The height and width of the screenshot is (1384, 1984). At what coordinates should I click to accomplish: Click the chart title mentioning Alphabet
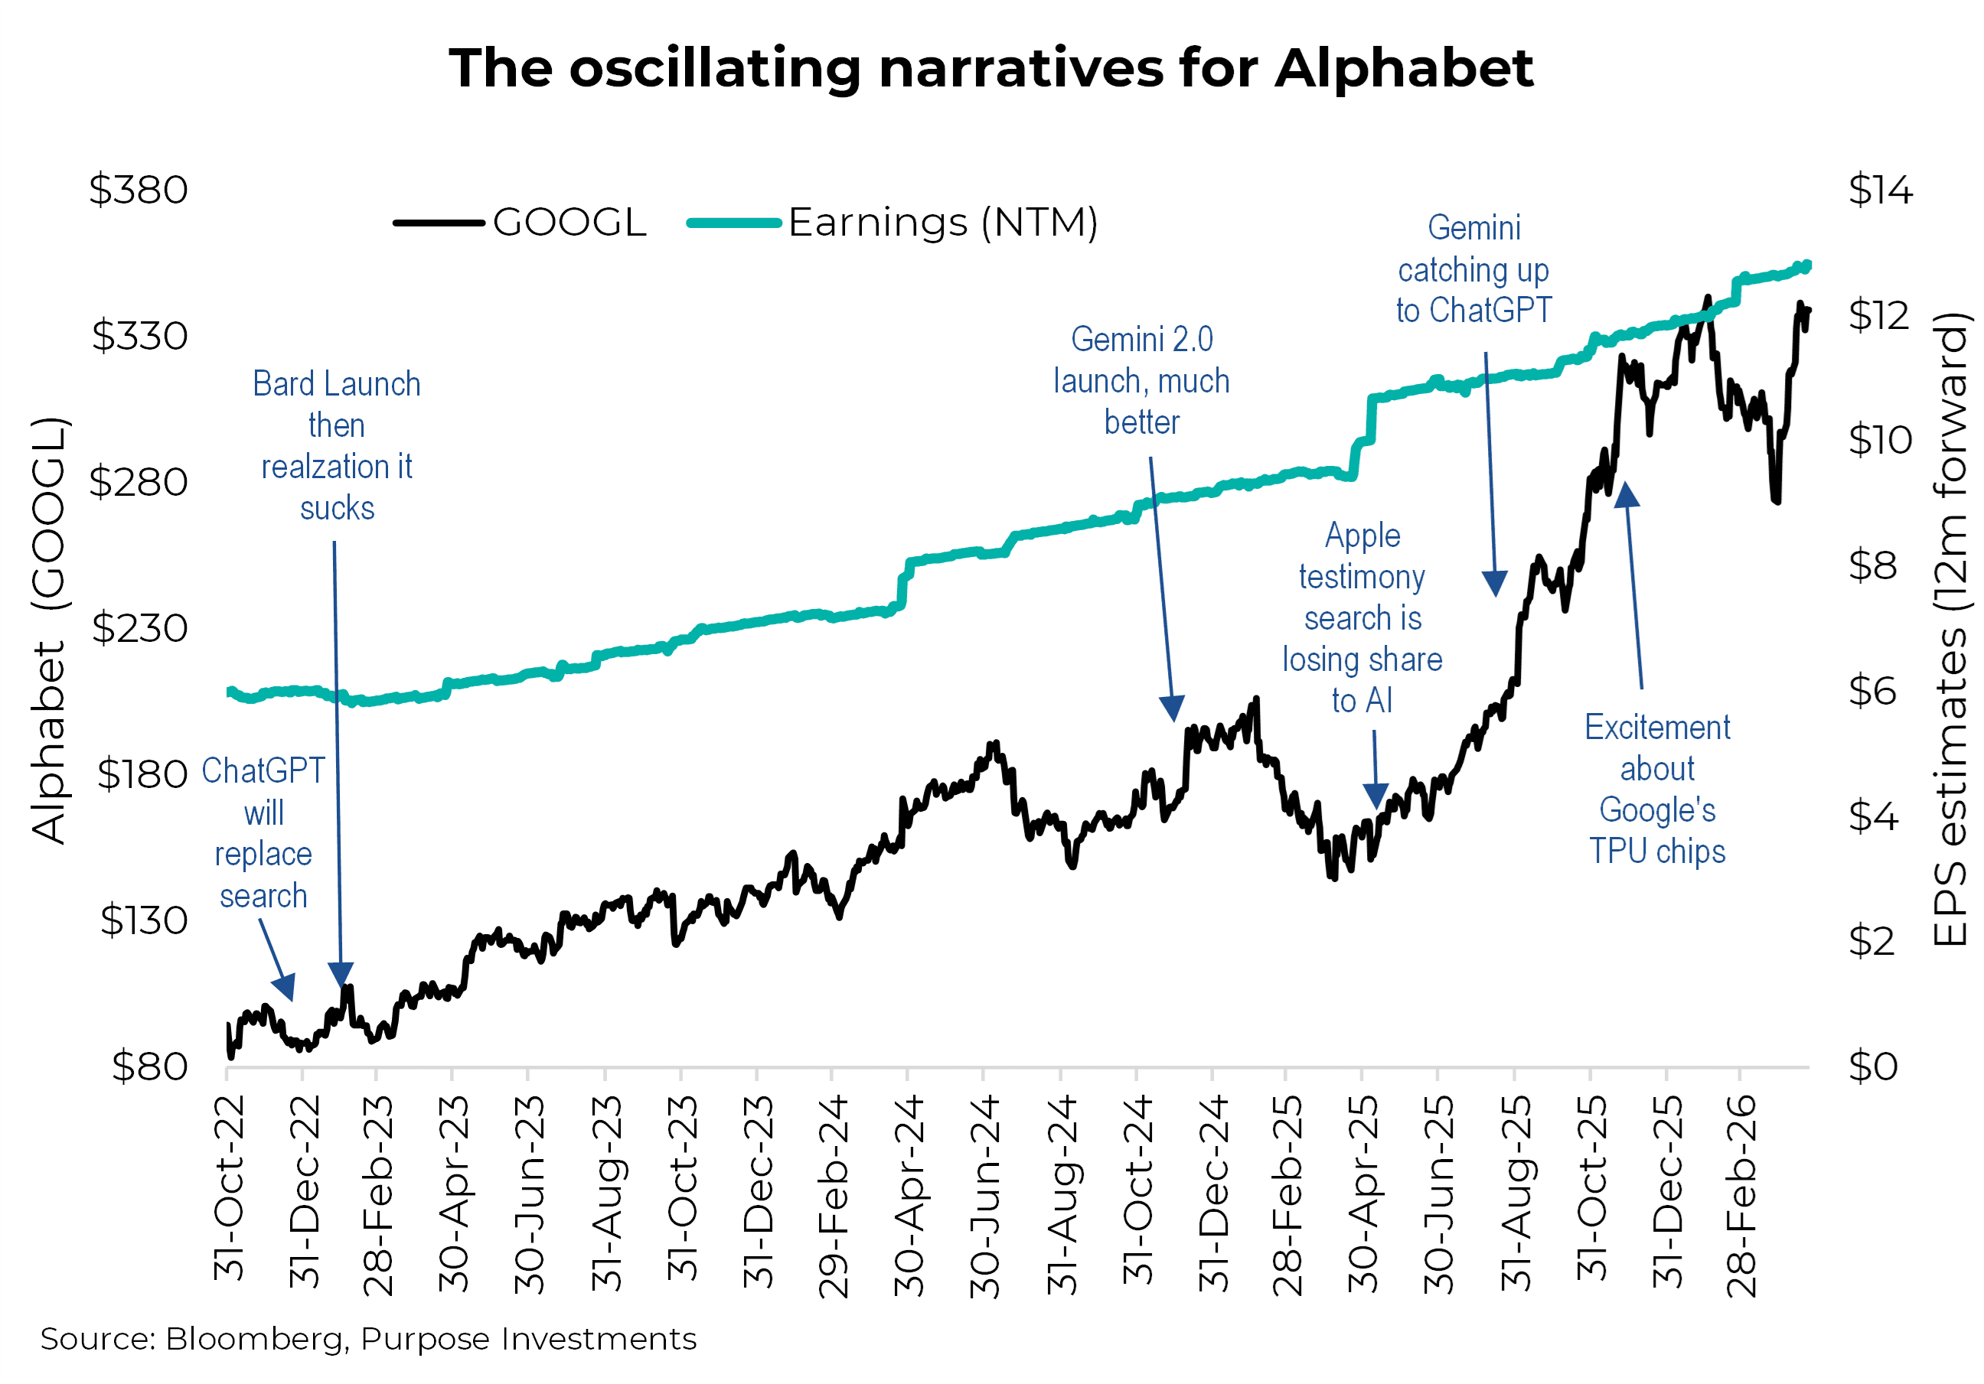coord(990,68)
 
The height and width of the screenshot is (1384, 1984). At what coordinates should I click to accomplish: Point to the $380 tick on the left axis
coord(139,190)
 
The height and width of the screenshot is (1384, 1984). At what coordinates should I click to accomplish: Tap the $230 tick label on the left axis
coord(140,628)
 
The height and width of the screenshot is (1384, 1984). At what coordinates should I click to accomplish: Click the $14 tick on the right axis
coord(1879,190)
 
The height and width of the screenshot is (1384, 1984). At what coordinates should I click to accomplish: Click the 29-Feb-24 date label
coord(834,1197)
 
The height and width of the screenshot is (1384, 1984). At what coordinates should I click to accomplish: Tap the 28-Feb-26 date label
coord(1742,1197)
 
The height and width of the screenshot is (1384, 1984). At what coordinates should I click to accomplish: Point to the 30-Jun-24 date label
coord(985,1197)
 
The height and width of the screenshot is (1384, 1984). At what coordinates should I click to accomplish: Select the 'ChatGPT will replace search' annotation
coord(263,833)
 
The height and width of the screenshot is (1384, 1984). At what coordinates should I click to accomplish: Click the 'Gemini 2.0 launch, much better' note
coord(1141,381)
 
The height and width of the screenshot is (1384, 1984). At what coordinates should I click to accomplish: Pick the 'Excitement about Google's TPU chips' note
coord(1656,789)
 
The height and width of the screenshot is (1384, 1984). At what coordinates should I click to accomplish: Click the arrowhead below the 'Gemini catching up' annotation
coord(1495,584)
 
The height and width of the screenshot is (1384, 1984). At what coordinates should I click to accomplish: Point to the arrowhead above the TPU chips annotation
coord(1627,495)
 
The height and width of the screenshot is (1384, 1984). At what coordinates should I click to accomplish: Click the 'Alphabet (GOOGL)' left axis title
coord(47,630)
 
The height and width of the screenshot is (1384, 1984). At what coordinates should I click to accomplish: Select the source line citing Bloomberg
coord(368,1338)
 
